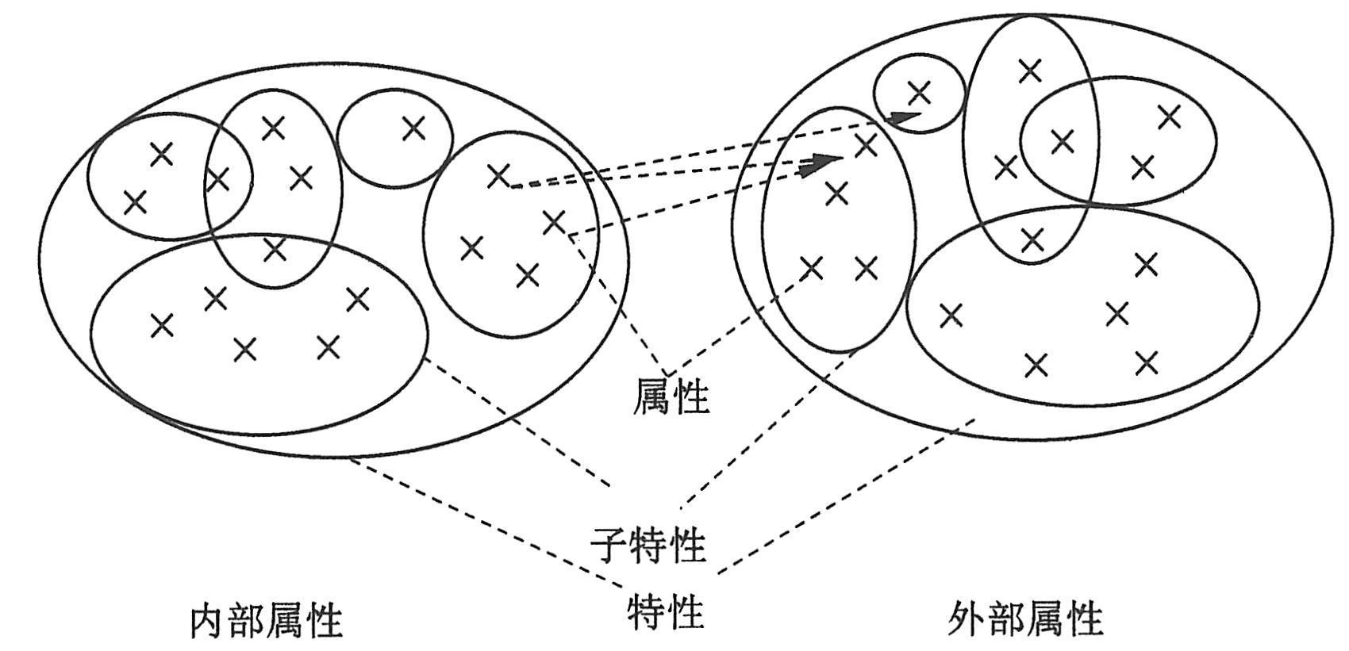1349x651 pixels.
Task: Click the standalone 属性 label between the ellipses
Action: [x=671, y=395]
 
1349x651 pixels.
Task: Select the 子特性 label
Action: [x=648, y=545]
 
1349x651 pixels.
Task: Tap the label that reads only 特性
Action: [x=666, y=611]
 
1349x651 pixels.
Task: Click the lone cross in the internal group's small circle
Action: [x=413, y=128]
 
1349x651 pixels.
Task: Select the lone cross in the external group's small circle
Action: [x=919, y=93]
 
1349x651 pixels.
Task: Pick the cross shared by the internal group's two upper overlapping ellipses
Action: [x=217, y=179]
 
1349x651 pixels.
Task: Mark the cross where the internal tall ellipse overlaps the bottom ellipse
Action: [x=275, y=249]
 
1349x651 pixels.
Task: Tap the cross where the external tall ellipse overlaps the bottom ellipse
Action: [x=1032, y=238]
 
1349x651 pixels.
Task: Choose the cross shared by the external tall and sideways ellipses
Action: [x=1062, y=143]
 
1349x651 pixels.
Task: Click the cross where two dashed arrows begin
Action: [x=498, y=176]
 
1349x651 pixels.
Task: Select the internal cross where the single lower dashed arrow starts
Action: [x=554, y=223]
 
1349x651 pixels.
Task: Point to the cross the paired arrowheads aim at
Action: [x=866, y=145]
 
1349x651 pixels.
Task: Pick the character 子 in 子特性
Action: [x=609, y=546]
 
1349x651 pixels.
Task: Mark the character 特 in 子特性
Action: [x=648, y=546]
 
